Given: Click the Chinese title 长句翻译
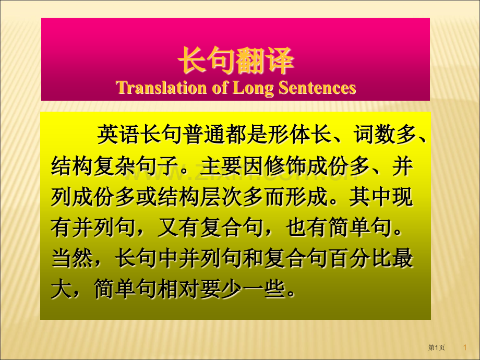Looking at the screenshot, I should [236, 60].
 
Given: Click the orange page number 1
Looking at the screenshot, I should [465, 347].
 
